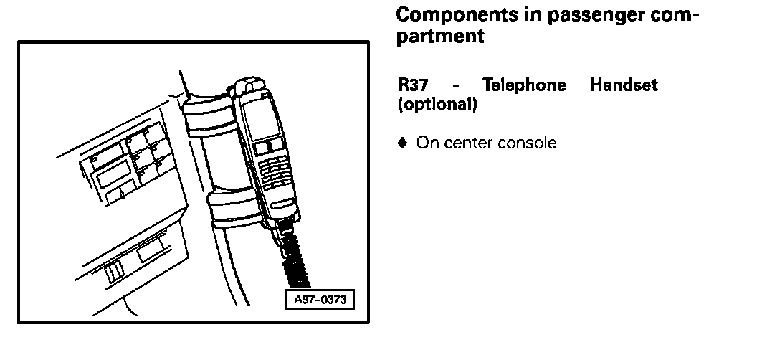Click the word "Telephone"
point(524,86)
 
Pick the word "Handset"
point(623,86)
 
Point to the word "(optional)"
point(437,104)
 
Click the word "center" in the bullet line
point(470,143)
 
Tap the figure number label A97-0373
point(320,300)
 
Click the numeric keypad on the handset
point(275,172)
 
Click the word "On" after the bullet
point(427,143)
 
